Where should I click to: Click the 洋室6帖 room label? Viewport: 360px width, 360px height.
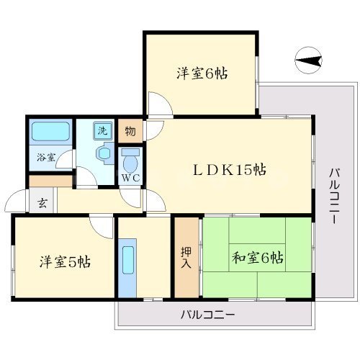coord(202,73)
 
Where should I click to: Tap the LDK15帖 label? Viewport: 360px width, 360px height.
coord(229,170)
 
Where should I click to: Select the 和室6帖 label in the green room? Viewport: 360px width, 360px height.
coord(257,257)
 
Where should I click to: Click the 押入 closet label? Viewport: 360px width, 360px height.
coord(186,257)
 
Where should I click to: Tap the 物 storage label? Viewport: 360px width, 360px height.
coord(130,131)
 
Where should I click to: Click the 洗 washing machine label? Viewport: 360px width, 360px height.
coord(104,131)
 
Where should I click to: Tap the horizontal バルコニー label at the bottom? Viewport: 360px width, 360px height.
coord(207,315)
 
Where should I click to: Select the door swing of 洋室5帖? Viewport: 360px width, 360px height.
coord(102,226)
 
